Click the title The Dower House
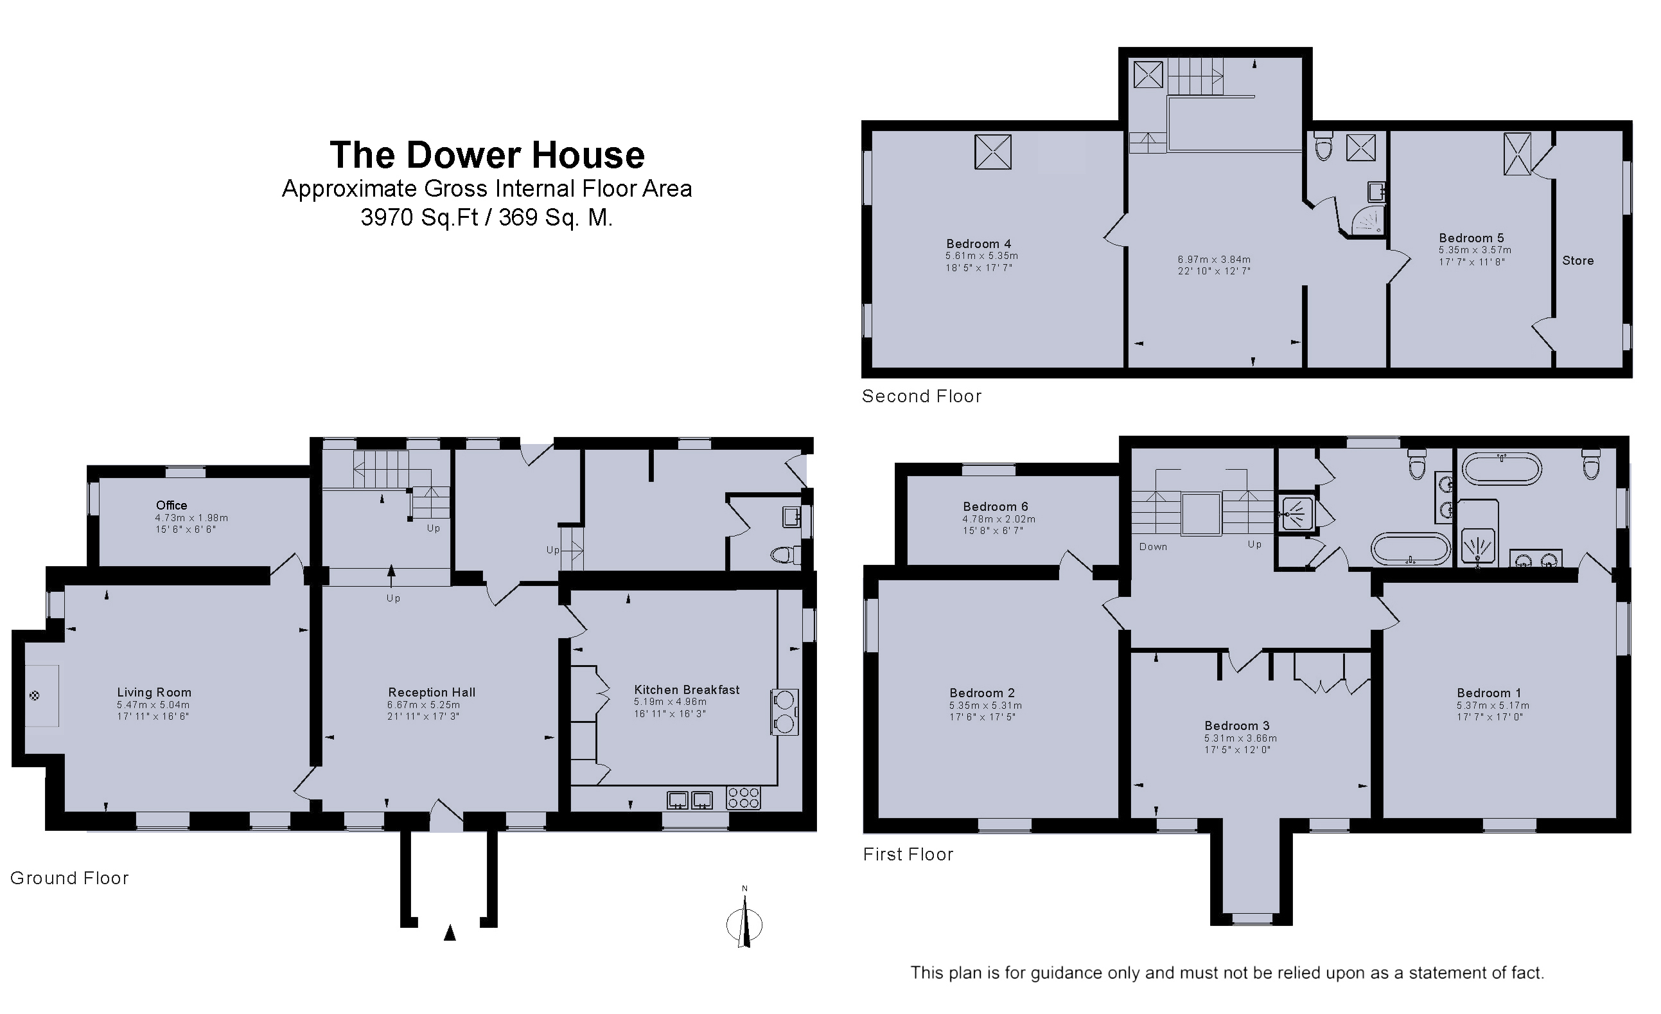pyautogui.click(x=487, y=155)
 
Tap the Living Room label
pyautogui.click(x=154, y=693)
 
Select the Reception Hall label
pyautogui.click(x=432, y=693)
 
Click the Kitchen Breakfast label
pyautogui.click(x=686, y=689)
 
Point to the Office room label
pyautogui.click(x=171, y=506)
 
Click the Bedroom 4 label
pyautogui.click(x=979, y=244)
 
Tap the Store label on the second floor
pyautogui.click(x=1578, y=261)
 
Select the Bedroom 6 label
pyautogui.click(x=996, y=506)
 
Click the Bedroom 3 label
pyautogui.click(x=1237, y=725)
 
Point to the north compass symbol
pyautogui.click(x=744, y=919)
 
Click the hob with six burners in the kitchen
pyautogui.click(x=744, y=798)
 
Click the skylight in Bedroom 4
pyautogui.click(x=993, y=152)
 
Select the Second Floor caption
pyautogui.click(x=922, y=396)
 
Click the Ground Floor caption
pyautogui.click(x=69, y=878)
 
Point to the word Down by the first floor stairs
pyautogui.click(x=1154, y=547)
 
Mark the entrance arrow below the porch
pyautogui.click(x=450, y=932)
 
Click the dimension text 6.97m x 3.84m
pyautogui.click(x=1214, y=260)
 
